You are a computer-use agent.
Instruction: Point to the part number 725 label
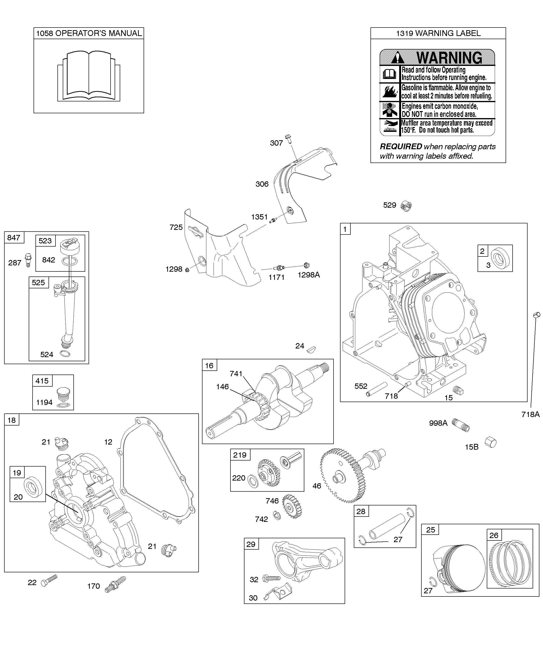pos(176,227)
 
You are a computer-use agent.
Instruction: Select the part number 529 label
pos(390,205)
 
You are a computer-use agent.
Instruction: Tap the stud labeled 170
pos(115,585)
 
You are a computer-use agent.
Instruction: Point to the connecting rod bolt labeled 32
pos(271,578)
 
